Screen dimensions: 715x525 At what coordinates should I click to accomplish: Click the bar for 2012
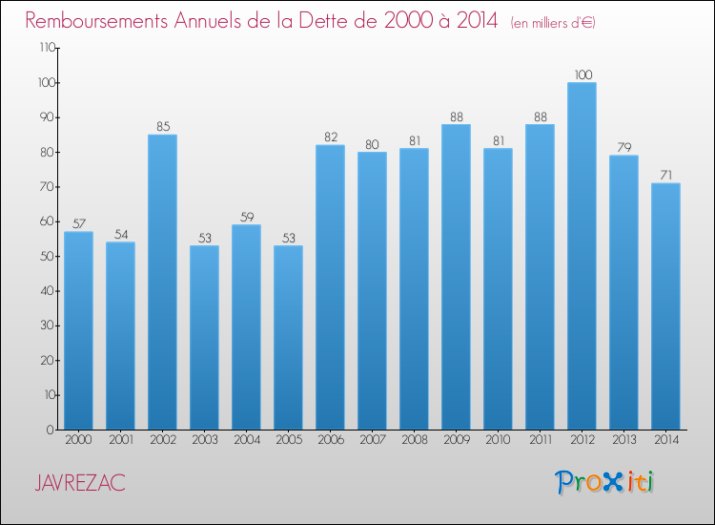point(582,256)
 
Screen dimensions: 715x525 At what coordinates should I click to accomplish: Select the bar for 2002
point(162,282)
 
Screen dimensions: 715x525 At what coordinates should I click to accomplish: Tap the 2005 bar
point(288,337)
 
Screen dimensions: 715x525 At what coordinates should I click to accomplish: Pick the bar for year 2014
point(665,305)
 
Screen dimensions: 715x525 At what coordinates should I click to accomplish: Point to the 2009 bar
point(456,277)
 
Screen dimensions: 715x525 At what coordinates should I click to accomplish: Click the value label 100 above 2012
point(583,74)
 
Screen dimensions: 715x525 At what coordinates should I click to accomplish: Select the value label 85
point(163,126)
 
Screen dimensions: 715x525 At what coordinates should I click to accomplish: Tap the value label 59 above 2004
point(247,217)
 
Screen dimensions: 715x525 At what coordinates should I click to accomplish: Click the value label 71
point(666,176)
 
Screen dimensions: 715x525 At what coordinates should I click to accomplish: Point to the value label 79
point(624,147)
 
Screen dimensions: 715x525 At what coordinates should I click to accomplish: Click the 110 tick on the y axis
point(48,48)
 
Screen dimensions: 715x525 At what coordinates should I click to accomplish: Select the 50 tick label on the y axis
point(48,256)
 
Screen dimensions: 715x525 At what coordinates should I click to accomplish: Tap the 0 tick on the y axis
point(51,430)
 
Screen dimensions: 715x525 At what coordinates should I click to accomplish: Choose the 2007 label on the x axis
point(373,440)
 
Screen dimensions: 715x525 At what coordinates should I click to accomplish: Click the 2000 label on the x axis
point(78,440)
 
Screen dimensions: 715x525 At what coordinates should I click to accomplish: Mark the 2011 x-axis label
point(541,440)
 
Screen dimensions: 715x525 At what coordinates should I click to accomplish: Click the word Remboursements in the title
point(96,21)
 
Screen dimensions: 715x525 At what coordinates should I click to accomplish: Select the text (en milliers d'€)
point(553,23)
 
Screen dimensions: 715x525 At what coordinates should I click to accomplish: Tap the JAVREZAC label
point(80,483)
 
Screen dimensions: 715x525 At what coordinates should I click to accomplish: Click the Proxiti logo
point(604,482)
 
